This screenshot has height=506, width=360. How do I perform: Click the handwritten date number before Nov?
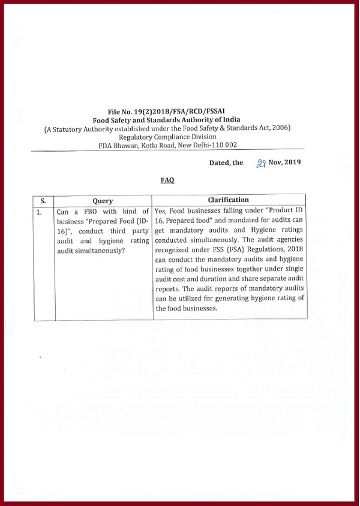click(261, 162)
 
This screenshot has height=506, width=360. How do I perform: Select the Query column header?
click(103, 201)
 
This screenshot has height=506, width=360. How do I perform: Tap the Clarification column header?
click(228, 200)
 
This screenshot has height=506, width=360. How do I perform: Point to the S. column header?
click(43, 201)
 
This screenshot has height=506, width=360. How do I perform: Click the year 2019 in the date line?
click(292, 162)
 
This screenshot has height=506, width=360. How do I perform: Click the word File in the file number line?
click(115, 112)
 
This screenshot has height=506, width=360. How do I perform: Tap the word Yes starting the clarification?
click(160, 211)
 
